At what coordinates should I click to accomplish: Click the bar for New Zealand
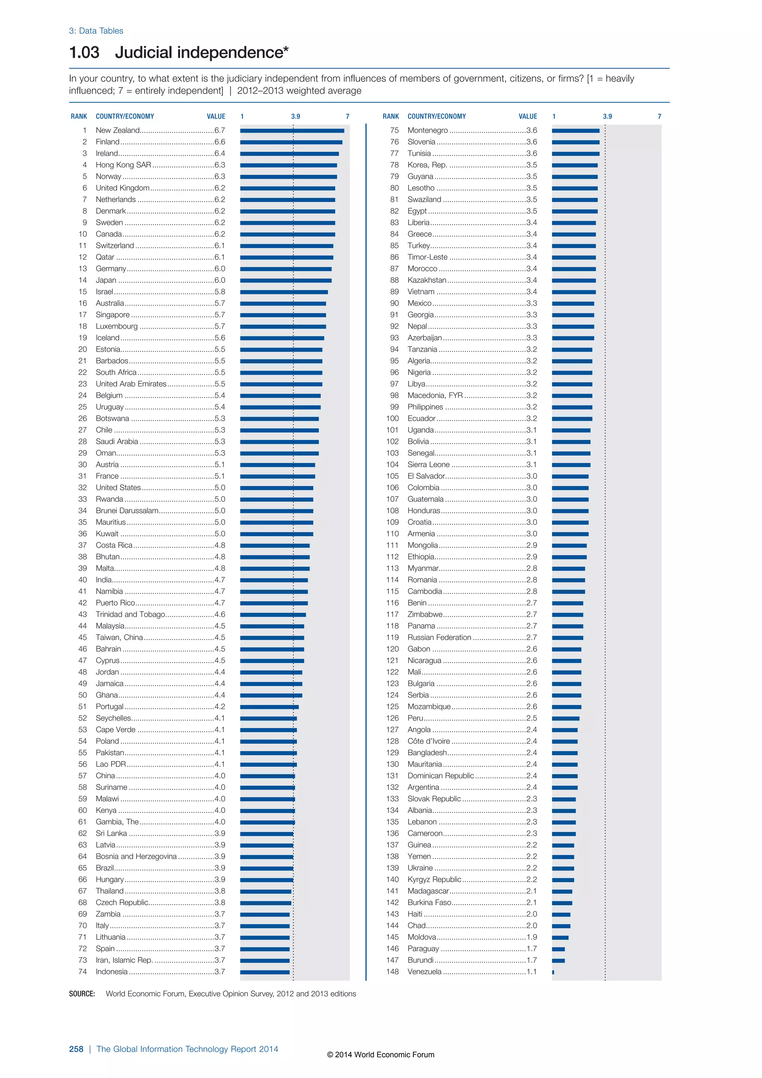292,131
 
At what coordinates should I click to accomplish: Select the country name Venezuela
424,972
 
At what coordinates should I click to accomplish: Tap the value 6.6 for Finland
220,142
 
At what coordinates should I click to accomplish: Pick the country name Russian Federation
439,637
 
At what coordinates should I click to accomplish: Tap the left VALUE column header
216,117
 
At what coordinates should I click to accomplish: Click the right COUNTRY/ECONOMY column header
436,117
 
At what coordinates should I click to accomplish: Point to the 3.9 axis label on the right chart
607,117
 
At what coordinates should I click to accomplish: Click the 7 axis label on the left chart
348,117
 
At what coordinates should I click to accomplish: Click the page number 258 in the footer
76,1049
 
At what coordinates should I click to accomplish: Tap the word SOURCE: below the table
82,994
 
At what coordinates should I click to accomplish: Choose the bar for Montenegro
576,131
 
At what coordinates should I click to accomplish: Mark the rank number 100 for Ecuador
392,418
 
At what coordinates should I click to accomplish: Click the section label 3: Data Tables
96,31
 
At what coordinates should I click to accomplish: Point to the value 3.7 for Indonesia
220,972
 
